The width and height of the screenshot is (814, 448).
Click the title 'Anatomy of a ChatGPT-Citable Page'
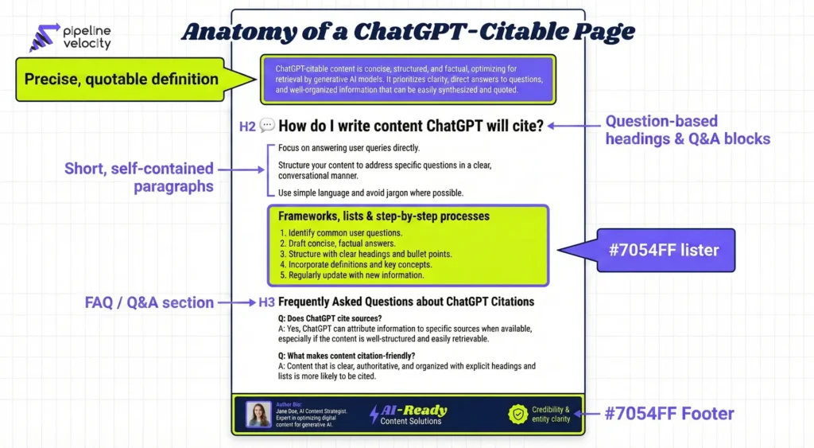point(408,31)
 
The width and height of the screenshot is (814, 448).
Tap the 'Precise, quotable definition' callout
point(121,79)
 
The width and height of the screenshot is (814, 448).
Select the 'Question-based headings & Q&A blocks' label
point(688,130)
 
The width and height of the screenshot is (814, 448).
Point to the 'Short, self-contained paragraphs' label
point(139,177)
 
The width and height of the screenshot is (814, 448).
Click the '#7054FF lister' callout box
point(666,250)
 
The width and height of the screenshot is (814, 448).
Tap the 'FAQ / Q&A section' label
point(149,302)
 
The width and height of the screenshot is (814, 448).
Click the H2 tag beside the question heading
point(247,126)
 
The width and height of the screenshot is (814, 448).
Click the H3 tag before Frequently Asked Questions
point(266,302)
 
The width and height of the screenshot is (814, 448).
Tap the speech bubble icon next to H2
point(267,126)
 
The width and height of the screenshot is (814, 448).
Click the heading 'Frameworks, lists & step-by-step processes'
point(384,216)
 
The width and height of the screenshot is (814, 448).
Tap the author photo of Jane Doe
point(258,414)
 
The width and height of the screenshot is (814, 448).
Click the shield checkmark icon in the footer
point(517,414)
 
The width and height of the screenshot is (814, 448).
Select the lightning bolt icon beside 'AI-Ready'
point(374,414)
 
